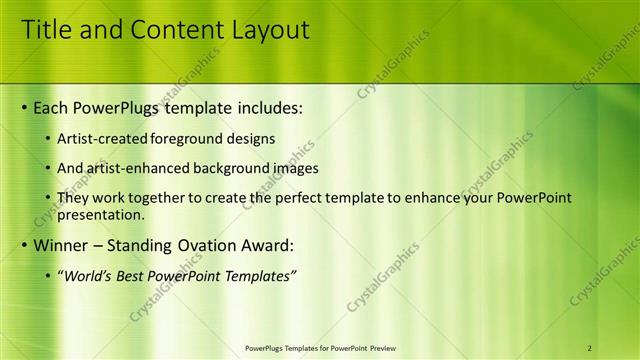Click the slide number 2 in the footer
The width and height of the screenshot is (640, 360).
[x=590, y=348]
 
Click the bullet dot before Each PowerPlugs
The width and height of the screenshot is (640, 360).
[x=25, y=106]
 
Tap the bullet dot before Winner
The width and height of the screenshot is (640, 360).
[x=25, y=245]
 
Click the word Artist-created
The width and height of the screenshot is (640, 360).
[x=105, y=138]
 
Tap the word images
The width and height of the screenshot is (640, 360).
[x=292, y=168]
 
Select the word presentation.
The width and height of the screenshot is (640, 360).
[x=100, y=214]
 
